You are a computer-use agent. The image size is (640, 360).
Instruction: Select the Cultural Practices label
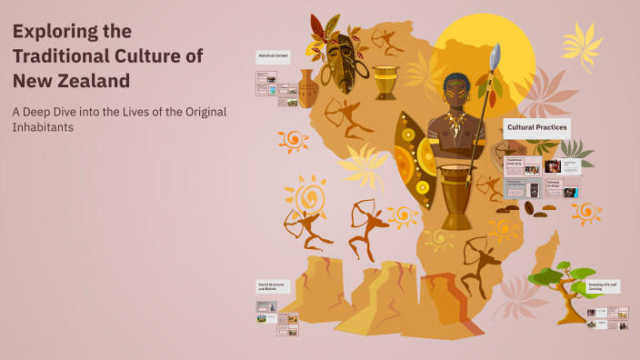pos(536,127)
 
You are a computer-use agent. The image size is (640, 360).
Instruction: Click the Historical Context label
pos(272,56)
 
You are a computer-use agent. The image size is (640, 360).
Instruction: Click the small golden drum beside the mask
pos(385,82)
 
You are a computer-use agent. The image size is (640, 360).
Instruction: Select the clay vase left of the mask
pos(307,88)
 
